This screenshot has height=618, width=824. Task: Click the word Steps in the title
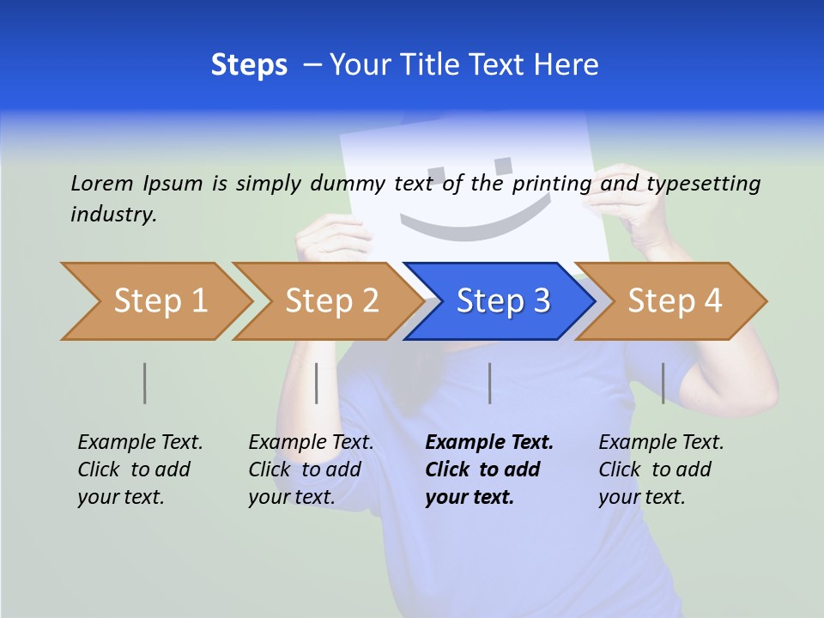point(249,65)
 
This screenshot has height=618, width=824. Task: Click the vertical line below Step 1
point(145,383)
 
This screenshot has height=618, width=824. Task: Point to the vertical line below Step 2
point(317,383)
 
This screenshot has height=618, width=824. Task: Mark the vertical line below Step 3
point(489,383)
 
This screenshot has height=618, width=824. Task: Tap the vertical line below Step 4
point(663,383)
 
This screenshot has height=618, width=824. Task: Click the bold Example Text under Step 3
point(489,443)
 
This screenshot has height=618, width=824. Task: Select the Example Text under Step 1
point(140,443)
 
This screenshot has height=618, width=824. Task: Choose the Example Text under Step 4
point(661,443)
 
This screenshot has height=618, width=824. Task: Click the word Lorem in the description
point(102,184)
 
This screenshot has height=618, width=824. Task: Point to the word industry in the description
point(113,215)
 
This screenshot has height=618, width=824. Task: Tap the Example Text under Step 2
point(311,443)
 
